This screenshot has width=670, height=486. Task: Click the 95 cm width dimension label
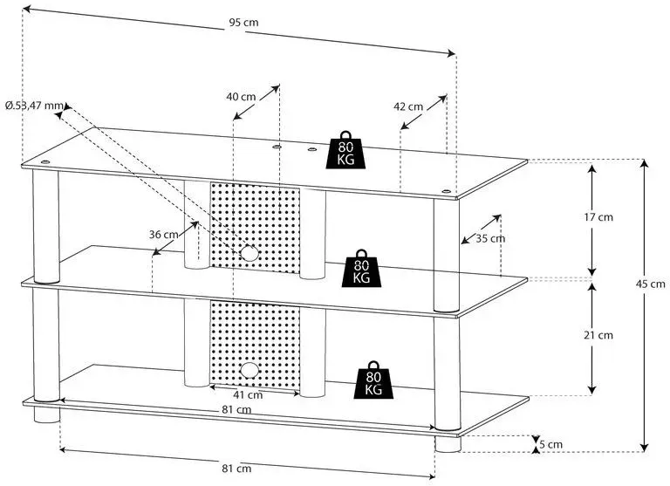click(243, 23)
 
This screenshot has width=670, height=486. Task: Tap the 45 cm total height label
click(650, 284)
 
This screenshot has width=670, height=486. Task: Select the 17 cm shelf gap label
click(598, 217)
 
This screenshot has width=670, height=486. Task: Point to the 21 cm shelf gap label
click(598, 335)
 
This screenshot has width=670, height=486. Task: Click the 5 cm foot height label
click(550, 444)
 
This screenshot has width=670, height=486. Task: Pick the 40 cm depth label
click(241, 97)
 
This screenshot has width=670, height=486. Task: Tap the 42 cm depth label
click(408, 106)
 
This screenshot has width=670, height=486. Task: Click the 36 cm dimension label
click(164, 234)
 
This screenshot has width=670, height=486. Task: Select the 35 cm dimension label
click(490, 238)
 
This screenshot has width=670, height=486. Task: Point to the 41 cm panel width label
click(248, 394)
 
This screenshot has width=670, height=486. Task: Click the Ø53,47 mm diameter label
click(35, 106)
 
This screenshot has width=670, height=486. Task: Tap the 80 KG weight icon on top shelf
click(345, 149)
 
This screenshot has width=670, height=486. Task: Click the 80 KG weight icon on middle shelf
click(361, 268)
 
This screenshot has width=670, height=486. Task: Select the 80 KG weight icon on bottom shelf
click(373, 380)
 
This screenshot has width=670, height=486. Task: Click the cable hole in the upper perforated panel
click(250, 254)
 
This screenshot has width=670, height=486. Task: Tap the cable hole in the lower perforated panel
click(250, 370)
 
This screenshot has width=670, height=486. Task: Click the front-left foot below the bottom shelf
click(46, 414)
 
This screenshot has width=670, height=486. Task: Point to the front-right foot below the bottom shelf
click(448, 444)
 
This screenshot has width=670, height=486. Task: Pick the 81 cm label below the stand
click(236, 469)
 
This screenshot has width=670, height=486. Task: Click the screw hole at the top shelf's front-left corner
click(44, 162)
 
